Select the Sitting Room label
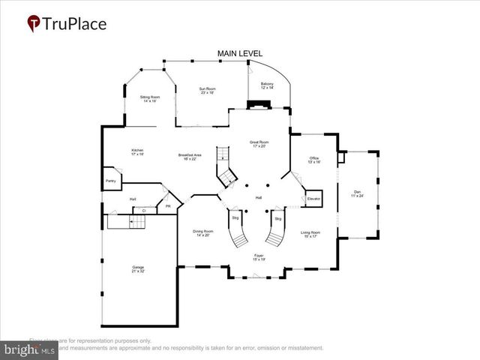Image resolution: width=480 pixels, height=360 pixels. click(x=150, y=98)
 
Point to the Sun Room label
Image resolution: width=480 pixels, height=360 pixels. click(x=207, y=91)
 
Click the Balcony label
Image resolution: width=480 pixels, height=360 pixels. click(x=267, y=85)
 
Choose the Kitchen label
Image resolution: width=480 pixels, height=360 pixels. click(x=137, y=152)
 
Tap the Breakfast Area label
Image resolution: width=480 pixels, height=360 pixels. click(x=187, y=157)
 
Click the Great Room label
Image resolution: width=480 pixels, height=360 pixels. click(x=259, y=143)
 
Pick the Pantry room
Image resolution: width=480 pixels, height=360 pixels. click(x=109, y=181)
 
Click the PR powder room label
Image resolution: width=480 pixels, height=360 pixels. click(x=168, y=206)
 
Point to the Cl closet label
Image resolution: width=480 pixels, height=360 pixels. click(x=143, y=211)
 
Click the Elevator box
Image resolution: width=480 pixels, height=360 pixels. click(x=313, y=199)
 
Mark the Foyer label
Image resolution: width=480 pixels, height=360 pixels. click(x=259, y=256)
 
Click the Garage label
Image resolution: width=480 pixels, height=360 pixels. click(x=139, y=268)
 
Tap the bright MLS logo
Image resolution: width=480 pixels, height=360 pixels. click(x=31, y=349)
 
